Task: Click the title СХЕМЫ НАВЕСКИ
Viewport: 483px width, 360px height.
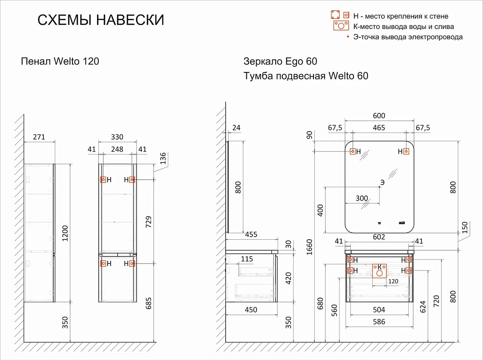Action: point(101,20)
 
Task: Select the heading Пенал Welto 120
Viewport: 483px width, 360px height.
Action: point(60,61)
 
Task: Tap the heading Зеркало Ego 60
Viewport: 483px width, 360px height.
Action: point(280,61)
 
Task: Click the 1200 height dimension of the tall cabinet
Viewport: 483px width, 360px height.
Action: point(65,234)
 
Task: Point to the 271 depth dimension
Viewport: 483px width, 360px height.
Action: point(39,137)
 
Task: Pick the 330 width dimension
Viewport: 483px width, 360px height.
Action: point(117,137)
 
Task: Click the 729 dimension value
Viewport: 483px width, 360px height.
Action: point(148,222)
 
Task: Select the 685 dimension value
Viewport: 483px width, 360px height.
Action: point(148,303)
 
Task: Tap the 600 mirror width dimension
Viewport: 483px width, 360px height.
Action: point(379,115)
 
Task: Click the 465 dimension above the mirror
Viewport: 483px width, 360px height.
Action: point(379,127)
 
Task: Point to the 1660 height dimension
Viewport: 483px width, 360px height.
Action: point(309,247)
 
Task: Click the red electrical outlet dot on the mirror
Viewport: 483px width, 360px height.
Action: point(380,187)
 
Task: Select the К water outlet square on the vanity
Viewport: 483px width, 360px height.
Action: point(379,271)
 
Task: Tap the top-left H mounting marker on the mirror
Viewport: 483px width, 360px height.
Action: point(353,151)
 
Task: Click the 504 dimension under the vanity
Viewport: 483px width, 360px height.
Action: point(379,310)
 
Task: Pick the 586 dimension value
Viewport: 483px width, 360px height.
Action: point(379,322)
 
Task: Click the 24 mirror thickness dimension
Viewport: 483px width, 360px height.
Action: point(236,127)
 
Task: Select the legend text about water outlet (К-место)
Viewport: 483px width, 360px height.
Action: point(404,27)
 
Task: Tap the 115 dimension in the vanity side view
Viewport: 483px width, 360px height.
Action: point(247,259)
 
